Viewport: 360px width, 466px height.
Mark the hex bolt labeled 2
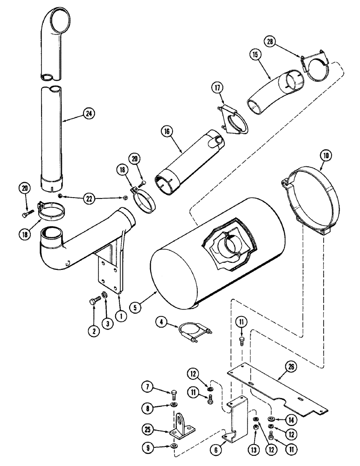(x=93, y=302)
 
